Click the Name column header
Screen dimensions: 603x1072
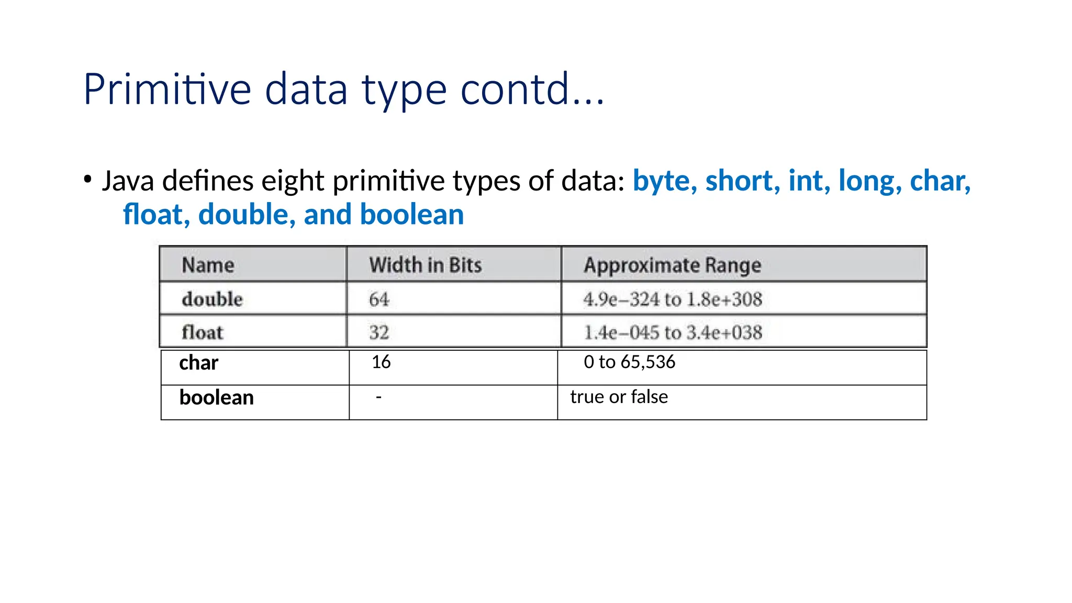tap(208, 265)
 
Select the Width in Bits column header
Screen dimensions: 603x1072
tap(425, 265)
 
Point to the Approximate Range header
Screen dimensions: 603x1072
tap(672, 265)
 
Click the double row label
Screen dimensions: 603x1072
tap(212, 299)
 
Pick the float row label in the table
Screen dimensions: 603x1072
tap(202, 332)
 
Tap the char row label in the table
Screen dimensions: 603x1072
tap(198, 363)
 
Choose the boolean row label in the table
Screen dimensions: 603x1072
tap(216, 398)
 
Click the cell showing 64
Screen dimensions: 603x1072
tap(379, 299)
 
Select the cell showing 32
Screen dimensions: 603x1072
tap(379, 332)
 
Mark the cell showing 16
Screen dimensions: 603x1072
tap(381, 362)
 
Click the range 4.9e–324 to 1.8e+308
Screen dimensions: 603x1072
tap(672, 299)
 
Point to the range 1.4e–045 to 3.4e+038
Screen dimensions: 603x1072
tap(672, 332)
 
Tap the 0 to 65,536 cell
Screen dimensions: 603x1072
tap(629, 362)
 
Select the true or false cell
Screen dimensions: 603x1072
tap(619, 397)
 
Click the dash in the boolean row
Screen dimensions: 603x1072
tap(378, 397)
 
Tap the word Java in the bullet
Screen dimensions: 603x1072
tap(128, 181)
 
